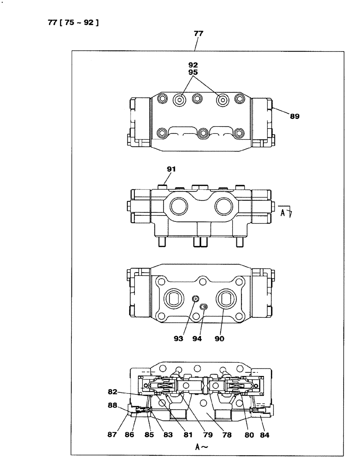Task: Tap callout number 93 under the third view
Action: (x=179, y=339)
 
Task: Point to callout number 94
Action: (x=197, y=339)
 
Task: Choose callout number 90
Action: (x=219, y=339)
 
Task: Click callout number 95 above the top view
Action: (x=193, y=73)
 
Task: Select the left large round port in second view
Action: (x=180, y=206)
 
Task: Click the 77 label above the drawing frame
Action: (x=198, y=34)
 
